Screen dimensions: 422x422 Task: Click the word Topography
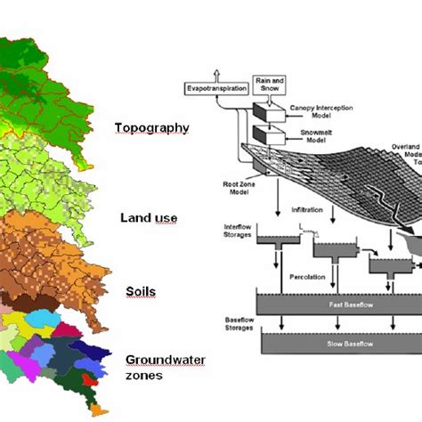[x=151, y=127]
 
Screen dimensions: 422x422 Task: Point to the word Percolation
[x=305, y=277]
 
